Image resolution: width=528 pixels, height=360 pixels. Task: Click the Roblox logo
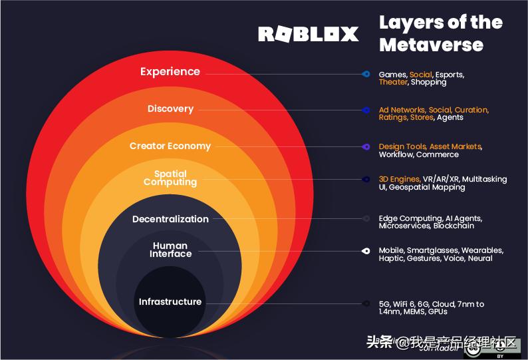click(308, 34)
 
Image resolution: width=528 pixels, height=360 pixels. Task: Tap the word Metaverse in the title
click(431, 45)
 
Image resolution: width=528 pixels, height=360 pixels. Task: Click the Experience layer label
click(170, 72)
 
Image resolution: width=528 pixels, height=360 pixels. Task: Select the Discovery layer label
click(170, 109)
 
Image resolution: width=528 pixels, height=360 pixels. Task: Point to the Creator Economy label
click(170, 146)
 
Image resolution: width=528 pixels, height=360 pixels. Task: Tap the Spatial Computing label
click(170, 178)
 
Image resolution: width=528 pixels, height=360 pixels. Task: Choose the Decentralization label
click(170, 220)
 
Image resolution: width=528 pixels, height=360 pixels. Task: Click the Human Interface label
click(170, 250)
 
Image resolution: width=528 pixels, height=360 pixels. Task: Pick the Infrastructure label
click(170, 302)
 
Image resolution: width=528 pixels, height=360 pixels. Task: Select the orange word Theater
click(393, 83)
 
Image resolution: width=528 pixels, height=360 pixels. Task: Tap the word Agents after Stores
click(450, 118)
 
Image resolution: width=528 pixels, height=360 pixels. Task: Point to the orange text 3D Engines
click(399, 179)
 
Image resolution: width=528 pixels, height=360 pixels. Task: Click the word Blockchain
click(454, 226)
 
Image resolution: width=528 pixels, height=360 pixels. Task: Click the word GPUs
click(437, 311)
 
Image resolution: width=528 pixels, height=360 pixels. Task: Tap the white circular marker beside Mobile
click(365, 251)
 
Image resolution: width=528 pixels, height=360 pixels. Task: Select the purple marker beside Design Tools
click(365, 146)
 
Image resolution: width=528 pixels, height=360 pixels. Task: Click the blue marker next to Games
click(365, 74)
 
